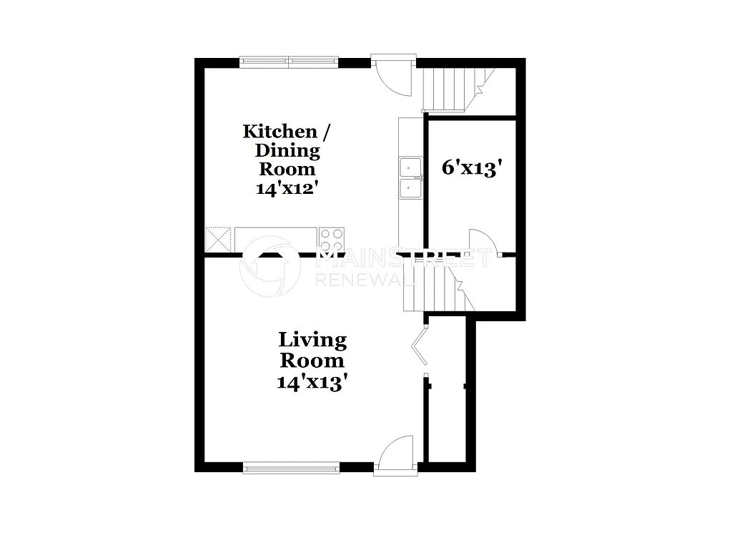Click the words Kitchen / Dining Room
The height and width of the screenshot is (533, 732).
click(287, 150)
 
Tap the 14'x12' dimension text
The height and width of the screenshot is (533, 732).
click(287, 189)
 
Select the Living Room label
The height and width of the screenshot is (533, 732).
click(312, 349)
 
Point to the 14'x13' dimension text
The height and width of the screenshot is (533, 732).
click(312, 382)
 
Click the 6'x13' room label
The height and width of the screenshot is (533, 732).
click(469, 168)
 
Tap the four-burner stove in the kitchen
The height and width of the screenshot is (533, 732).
click(332, 240)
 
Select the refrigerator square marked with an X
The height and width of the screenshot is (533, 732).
click(219, 240)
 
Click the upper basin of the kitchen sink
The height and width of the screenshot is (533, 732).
click(410, 168)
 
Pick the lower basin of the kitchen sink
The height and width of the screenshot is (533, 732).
click(410, 189)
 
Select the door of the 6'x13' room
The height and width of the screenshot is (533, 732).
click(480, 243)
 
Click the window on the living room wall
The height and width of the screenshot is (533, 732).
click(291, 468)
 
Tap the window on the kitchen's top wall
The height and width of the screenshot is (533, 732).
click(289, 62)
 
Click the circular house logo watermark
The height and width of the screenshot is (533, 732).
click(269, 266)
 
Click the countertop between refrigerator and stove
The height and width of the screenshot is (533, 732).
click(275, 240)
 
